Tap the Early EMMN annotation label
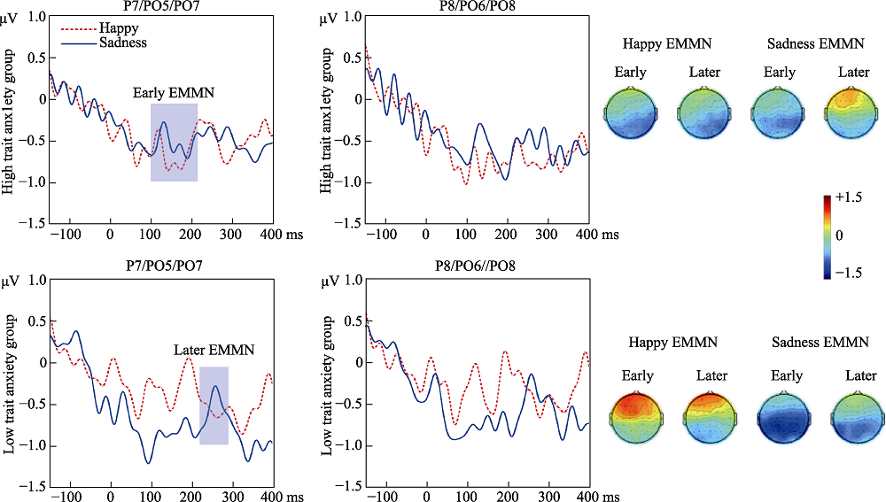coord(174,92)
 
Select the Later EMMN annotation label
coord(214,351)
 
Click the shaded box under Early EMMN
coord(174,143)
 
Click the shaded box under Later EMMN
coord(214,405)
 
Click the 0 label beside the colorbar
coord(841,235)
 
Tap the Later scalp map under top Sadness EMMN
coord(854,112)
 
